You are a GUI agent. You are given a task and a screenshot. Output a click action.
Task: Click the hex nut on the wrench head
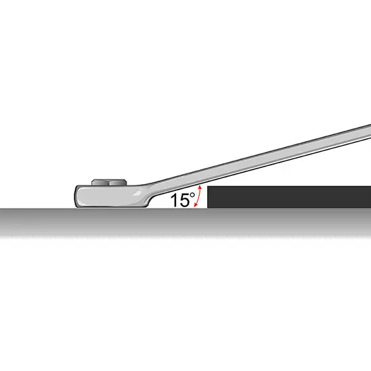(109, 182)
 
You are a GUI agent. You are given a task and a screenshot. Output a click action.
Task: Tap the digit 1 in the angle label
(174, 200)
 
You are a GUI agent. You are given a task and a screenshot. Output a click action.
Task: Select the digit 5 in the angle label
(183, 200)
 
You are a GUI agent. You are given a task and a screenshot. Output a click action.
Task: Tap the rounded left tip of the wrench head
(75, 197)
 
